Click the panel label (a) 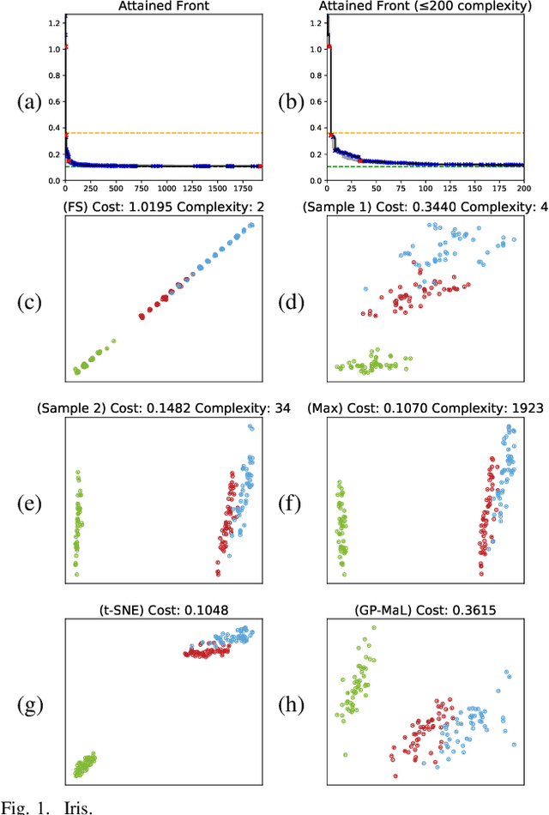(30, 102)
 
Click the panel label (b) (293, 102)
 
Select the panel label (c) (30, 302)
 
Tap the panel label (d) (293, 302)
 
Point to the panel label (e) (30, 504)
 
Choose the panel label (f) (293, 504)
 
